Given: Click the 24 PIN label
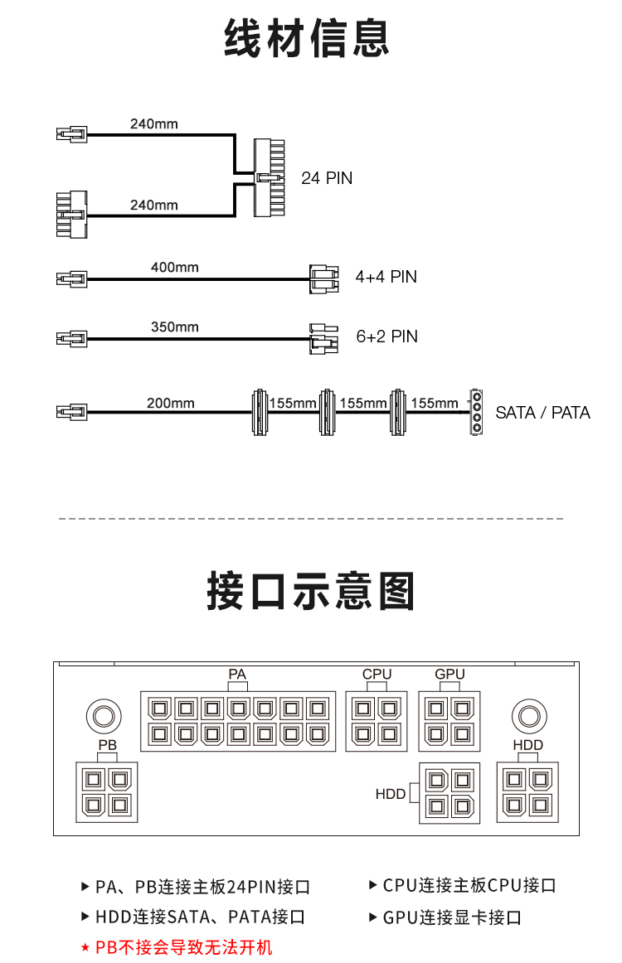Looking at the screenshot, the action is click(327, 178).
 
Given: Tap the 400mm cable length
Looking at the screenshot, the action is click(174, 267).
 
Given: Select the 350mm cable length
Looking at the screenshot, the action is click(174, 327).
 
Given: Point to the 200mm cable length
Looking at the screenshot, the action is click(170, 403).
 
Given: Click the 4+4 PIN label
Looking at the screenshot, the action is click(386, 277).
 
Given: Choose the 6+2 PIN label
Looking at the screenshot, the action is click(386, 336).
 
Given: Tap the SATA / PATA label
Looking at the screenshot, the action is click(542, 413).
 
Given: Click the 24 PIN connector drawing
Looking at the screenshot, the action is click(270, 177).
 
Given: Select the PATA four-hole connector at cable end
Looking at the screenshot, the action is click(476, 412).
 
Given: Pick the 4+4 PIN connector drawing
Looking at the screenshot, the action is click(324, 278).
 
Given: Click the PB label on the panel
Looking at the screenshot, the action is click(108, 745).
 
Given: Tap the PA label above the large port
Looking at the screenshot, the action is click(237, 674).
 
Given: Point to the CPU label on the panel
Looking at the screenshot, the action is click(377, 674).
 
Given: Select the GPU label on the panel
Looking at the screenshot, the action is click(449, 674).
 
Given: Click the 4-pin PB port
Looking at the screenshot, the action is click(107, 792).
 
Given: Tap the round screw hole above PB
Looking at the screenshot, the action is click(104, 716).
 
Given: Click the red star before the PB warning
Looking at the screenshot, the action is click(85, 948).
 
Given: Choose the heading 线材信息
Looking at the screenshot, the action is click(307, 38).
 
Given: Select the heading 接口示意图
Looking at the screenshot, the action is click(310, 591).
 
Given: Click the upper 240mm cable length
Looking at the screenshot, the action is click(153, 123).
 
